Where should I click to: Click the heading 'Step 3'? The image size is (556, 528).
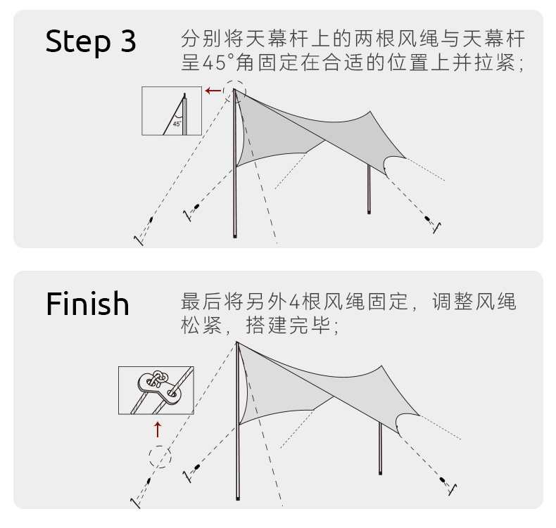(x=91, y=42)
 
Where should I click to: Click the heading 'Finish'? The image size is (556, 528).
(x=88, y=304)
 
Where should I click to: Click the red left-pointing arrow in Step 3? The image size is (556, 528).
(x=213, y=91)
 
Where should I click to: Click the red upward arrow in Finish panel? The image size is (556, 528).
(x=158, y=428)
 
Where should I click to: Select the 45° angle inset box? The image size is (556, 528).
(x=171, y=110)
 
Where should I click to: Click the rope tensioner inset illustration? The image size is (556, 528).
(x=156, y=390)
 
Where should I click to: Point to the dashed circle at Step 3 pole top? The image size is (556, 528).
(x=234, y=90)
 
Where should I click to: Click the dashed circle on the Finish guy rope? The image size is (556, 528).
(x=160, y=458)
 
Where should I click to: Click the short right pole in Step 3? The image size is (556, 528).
(x=369, y=190)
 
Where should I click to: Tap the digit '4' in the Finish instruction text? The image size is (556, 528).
(x=296, y=303)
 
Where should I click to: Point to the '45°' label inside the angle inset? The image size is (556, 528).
(x=176, y=124)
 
